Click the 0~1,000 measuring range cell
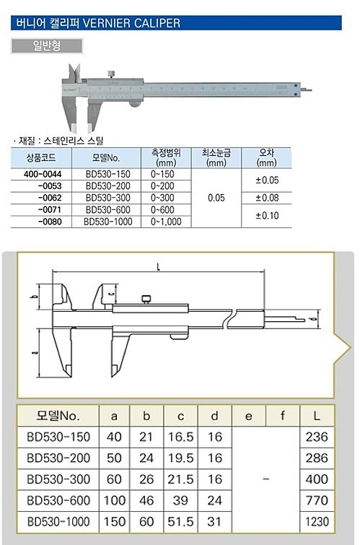[166, 222]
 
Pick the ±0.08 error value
[266, 197]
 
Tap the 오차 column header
[266, 157]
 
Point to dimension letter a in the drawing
[36, 352]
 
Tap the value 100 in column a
[113, 500]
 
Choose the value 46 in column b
[146, 500]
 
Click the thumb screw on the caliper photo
[111, 73]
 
